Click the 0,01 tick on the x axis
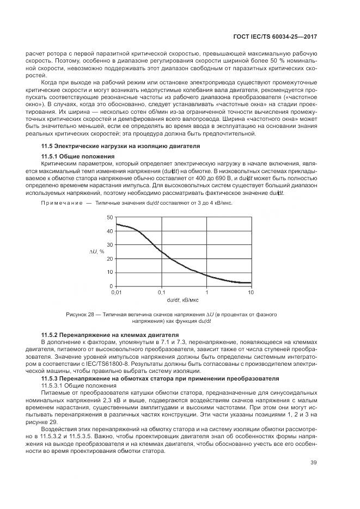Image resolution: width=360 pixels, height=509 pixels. point(116,292)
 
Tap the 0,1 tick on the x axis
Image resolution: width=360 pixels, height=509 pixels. point(161,292)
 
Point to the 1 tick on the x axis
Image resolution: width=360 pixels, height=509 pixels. point(206,292)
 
